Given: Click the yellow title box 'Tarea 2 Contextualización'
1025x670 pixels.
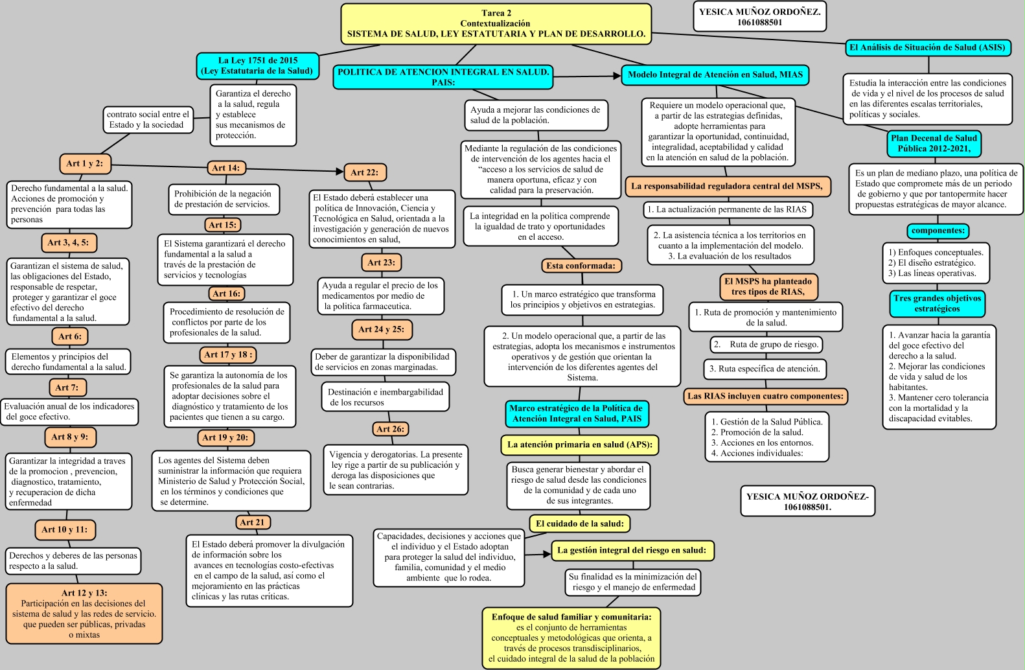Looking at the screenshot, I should point(496,24).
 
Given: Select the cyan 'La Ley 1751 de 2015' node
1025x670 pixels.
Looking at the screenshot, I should point(257,65).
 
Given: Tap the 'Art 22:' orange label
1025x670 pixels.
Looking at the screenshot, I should point(364,172).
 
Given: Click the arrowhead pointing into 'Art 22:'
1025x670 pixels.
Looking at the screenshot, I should point(339,172).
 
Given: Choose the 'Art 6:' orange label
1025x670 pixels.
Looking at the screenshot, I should point(70,336).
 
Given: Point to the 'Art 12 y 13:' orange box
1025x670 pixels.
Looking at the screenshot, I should point(84,613).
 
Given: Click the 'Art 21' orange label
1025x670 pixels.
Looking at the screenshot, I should point(252,522).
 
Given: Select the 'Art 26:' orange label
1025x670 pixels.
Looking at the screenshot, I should point(390,429).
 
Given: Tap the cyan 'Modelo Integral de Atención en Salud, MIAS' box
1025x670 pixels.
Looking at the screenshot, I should point(715,75).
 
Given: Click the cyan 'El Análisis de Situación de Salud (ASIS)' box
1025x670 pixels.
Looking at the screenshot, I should point(927,47).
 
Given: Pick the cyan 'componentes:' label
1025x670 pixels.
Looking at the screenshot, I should point(938,231).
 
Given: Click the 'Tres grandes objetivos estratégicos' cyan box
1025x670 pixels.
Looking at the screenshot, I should point(937,303).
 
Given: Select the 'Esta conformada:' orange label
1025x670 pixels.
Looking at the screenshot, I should point(581,266).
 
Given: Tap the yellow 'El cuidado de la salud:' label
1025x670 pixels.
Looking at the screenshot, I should point(580,524).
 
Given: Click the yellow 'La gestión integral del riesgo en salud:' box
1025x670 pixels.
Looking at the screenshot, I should point(632,550).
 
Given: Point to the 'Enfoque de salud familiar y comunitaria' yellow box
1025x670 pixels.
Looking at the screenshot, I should point(571,638).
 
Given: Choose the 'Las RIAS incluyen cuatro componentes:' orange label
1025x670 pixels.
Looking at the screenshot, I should point(765,396).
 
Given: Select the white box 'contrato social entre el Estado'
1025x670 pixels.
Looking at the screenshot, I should point(148,120).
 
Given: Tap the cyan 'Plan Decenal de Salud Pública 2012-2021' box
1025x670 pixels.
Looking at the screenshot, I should point(934,143).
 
